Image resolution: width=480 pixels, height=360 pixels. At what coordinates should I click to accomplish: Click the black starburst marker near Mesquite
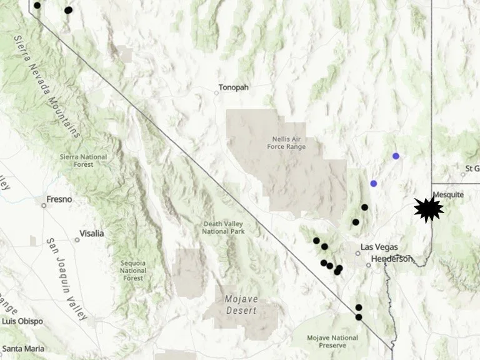(x=429, y=209)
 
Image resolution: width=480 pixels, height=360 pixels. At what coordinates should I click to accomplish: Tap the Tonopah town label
(x=234, y=87)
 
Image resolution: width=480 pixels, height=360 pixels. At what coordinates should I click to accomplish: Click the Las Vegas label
(x=379, y=247)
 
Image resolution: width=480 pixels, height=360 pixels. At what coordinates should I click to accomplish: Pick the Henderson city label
(x=392, y=259)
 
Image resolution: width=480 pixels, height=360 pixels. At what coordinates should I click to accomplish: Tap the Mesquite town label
(x=449, y=194)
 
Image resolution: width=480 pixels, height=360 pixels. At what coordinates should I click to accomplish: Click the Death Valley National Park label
(x=224, y=227)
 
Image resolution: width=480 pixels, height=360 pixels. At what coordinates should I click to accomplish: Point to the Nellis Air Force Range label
(x=289, y=142)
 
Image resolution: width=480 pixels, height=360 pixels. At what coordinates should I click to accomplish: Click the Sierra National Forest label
(x=84, y=161)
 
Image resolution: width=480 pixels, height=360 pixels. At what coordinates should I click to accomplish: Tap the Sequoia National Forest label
(x=133, y=270)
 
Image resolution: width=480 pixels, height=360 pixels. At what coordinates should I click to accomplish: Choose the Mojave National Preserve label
(x=332, y=342)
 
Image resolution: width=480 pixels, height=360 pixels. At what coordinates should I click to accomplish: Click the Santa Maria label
(x=22, y=347)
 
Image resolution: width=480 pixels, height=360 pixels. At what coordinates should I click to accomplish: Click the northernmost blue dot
(x=396, y=156)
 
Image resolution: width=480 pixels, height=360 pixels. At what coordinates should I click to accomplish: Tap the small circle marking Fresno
(x=44, y=204)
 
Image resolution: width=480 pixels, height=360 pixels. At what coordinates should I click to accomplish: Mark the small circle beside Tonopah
(x=216, y=93)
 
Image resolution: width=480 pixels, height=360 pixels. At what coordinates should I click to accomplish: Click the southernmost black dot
(x=359, y=317)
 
